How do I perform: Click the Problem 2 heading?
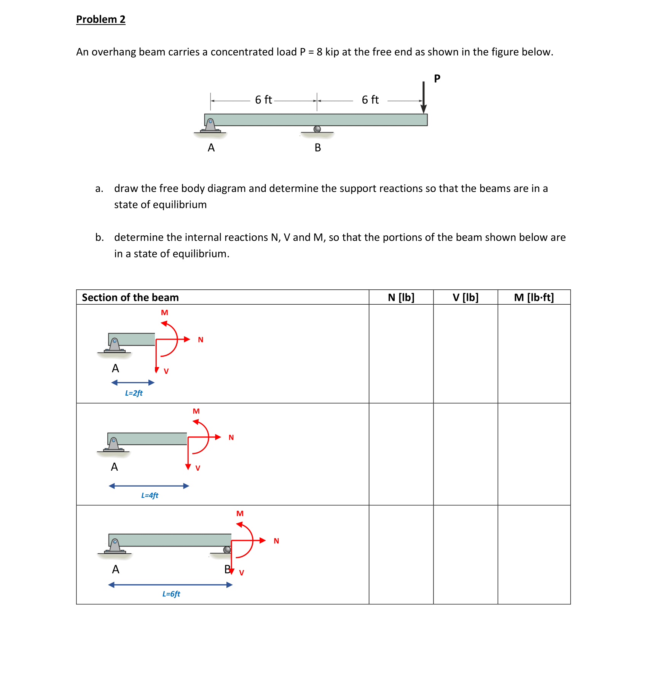coord(100,19)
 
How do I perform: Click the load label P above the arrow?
coord(437,78)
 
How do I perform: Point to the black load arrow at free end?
coord(423,98)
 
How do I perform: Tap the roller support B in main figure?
coord(317,129)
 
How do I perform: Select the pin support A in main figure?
coord(210,125)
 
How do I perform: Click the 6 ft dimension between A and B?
coord(263,100)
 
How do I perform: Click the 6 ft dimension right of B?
coord(370,100)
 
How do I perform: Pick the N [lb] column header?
coord(401,297)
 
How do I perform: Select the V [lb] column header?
coord(465,297)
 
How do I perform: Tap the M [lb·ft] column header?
coord(534,297)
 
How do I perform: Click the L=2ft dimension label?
coord(134,393)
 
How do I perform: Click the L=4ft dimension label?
coord(150,495)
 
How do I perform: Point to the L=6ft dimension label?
coord(171,594)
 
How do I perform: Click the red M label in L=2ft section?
coord(164,313)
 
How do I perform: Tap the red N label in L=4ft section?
coord(231,438)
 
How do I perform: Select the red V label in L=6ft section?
coord(241,573)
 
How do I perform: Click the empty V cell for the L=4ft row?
coord(465,454)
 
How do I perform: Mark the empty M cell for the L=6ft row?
coord(534,554)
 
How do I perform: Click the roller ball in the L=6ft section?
coord(227,549)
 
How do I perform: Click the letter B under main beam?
coord(318,148)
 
